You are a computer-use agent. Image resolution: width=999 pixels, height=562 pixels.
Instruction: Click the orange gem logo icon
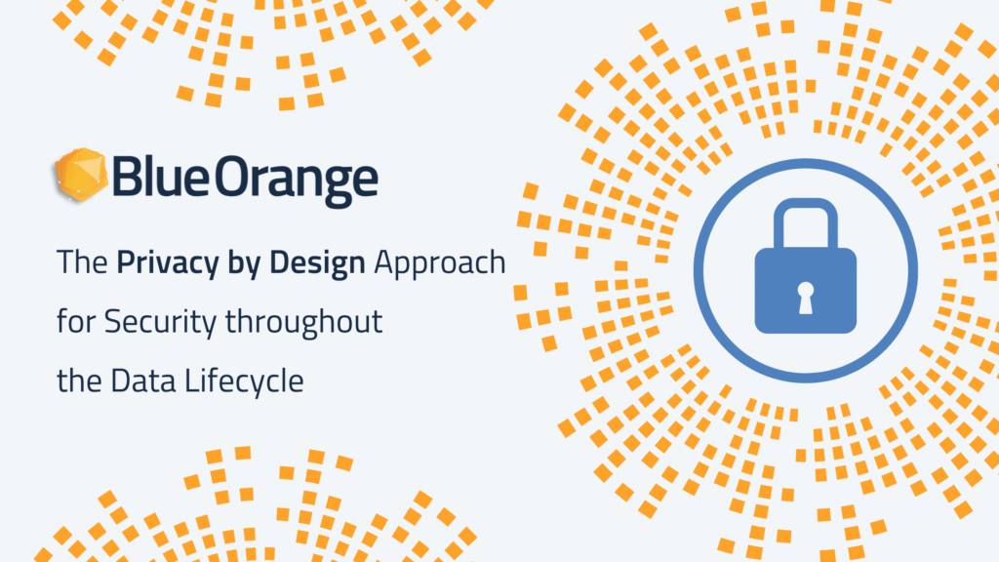point(80,175)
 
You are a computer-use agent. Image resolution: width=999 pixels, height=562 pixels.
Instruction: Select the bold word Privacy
point(168,264)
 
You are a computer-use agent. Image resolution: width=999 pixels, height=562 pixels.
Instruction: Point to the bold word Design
point(317,264)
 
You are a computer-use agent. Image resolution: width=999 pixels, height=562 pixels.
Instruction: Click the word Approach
point(440,264)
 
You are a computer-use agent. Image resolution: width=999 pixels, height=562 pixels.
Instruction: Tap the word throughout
point(304,322)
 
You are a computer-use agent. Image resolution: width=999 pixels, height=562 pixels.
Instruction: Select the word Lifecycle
point(244,382)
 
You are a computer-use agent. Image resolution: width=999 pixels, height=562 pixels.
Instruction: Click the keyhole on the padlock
point(805,298)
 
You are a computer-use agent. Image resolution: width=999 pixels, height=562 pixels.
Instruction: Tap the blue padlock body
point(805,290)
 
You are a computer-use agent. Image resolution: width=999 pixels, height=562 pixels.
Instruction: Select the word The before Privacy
point(82,262)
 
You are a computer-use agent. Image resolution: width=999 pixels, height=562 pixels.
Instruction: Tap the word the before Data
point(80,381)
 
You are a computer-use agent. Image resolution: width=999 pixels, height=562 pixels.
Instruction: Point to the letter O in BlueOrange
point(231,177)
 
